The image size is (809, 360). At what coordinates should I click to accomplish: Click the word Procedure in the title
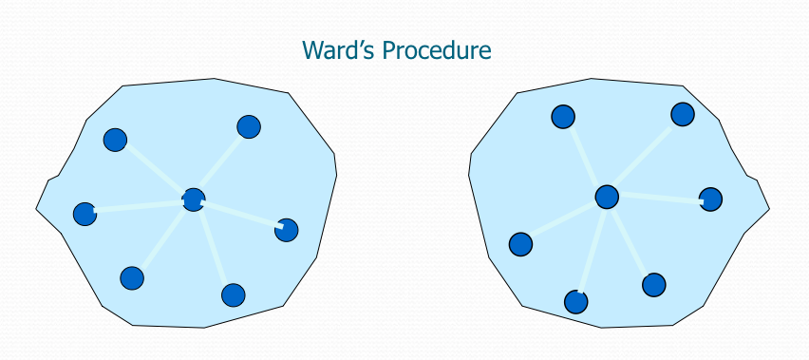(437, 51)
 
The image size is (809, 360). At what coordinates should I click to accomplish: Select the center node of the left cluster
(194, 199)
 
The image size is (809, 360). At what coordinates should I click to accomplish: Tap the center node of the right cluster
(607, 197)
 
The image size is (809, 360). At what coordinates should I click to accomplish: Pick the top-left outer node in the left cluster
(115, 140)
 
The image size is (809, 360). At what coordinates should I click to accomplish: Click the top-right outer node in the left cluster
(249, 127)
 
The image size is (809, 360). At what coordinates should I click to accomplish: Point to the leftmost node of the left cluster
(85, 214)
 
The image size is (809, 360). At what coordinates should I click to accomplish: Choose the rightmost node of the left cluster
(287, 230)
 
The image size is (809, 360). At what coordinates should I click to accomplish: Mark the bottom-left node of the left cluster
(132, 278)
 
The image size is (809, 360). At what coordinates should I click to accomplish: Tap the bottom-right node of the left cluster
(234, 295)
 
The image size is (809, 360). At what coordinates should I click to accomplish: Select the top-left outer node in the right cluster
(563, 117)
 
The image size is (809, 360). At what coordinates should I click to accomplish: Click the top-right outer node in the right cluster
(683, 115)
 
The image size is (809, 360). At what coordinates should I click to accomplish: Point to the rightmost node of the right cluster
(710, 199)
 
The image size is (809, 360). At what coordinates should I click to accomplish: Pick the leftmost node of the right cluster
(520, 244)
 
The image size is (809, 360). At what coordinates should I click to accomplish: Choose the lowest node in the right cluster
(575, 302)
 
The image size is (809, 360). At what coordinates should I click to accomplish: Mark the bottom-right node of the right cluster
(653, 285)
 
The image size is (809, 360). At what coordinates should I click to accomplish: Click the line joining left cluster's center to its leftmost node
(139, 207)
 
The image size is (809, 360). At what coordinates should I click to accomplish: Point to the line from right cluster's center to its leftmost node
(564, 220)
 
